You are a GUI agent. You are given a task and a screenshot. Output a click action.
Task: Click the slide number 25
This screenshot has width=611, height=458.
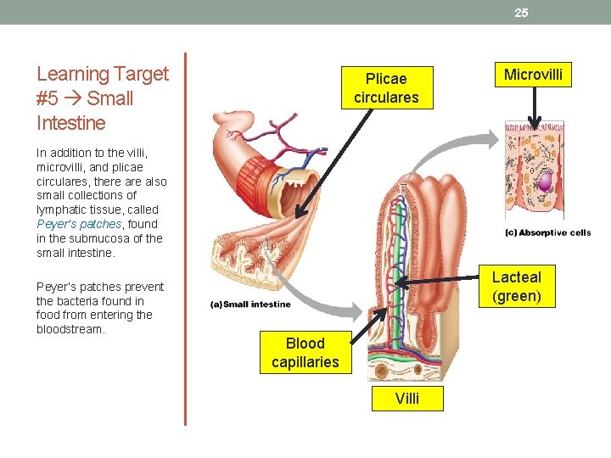click(x=521, y=13)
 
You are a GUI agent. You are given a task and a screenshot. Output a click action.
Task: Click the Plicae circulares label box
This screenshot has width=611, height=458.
click(x=386, y=88)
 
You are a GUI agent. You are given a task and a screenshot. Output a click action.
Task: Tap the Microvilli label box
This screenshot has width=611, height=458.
click(x=533, y=75)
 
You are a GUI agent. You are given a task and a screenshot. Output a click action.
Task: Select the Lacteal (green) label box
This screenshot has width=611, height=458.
click(x=516, y=287)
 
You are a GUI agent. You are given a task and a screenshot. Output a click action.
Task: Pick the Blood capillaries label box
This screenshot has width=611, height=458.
click(x=305, y=353)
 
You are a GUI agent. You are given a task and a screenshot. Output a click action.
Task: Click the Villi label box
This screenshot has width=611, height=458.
click(x=406, y=399)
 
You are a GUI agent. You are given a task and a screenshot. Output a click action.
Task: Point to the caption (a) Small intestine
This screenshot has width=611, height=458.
click(x=251, y=304)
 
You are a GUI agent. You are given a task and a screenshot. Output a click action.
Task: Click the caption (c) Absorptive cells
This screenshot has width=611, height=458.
click(x=548, y=233)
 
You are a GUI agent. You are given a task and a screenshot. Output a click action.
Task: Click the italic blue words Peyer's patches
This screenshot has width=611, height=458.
click(x=80, y=224)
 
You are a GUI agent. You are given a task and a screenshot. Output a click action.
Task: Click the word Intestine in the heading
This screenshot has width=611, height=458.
click(x=71, y=123)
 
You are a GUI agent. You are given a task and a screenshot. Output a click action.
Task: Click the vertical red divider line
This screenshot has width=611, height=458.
click(x=185, y=237)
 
